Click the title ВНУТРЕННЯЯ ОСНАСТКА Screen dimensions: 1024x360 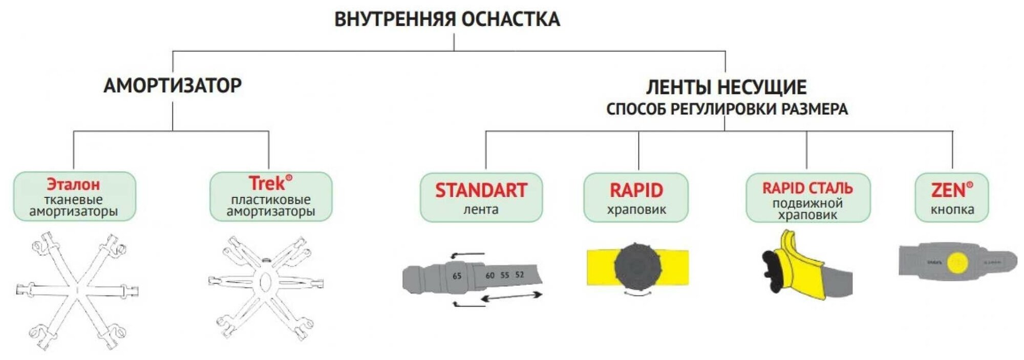click(x=447, y=19)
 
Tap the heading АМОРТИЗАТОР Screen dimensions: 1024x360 click(x=173, y=86)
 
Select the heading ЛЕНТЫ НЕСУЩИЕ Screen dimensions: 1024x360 click(x=726, y=88)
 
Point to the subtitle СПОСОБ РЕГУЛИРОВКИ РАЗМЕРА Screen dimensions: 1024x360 click(x=727, y=109)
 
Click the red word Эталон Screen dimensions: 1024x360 click(x=74, y=184)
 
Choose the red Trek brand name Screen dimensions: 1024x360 click(x=267, y=183)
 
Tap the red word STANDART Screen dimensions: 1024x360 click(x=481, y=190)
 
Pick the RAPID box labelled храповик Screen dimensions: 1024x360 click(x=636, y=197)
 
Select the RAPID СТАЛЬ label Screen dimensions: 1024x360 click(x=807, y=188)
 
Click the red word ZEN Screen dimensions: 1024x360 click(x=948, y=190)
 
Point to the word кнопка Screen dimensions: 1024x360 click(x=952, y=209)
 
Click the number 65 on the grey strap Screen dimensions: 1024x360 click(x=457, y=276)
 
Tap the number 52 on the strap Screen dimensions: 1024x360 click(x=520, y=274)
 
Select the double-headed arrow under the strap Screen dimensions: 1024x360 click(x=511, y=297)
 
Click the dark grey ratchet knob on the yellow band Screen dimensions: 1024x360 click(x=637, y=267)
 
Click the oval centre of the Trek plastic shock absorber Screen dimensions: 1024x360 click(x=265, y=282)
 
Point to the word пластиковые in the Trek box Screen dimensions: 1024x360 click(x=270, y=200)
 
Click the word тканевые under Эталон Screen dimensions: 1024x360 click(x=73, y=200)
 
